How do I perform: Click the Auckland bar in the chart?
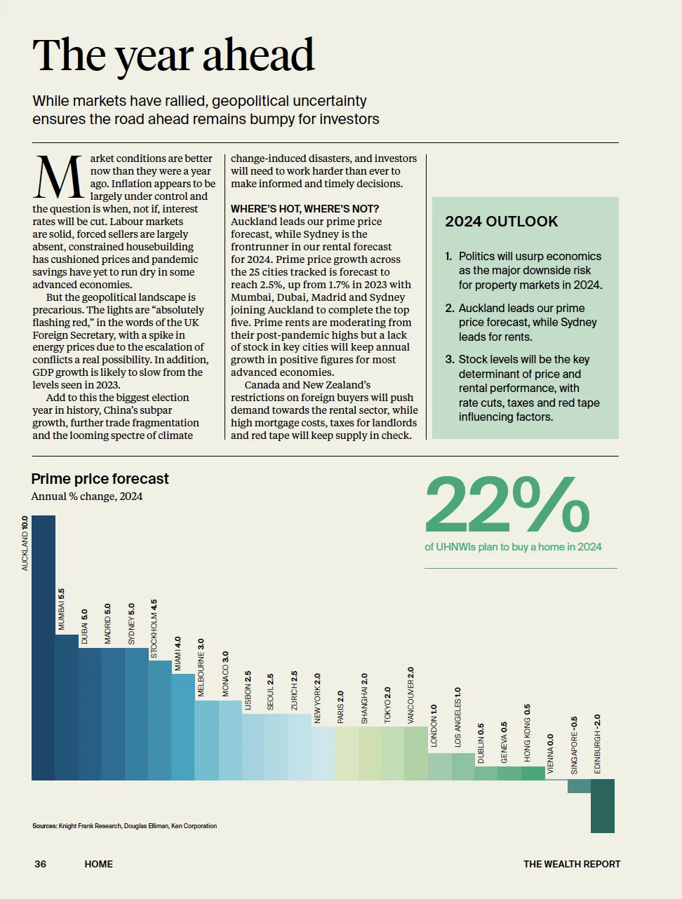44,647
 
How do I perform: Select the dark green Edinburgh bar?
603,806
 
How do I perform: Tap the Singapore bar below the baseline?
579,786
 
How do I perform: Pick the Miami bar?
183,727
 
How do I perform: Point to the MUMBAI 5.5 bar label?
61,609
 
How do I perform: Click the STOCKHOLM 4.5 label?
154,629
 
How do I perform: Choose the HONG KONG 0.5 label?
527,733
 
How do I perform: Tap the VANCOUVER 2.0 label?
411,696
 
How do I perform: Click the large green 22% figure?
507,504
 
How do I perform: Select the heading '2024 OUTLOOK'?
502,222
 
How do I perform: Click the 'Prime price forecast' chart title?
100,479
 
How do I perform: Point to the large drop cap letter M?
58,177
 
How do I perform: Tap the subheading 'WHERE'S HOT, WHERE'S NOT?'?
305,209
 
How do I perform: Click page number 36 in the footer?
40,864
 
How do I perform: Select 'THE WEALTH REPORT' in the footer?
572,864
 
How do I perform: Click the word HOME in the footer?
98,864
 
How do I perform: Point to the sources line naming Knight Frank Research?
124,825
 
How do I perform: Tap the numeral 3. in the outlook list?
450,360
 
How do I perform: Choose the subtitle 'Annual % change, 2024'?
87,496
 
